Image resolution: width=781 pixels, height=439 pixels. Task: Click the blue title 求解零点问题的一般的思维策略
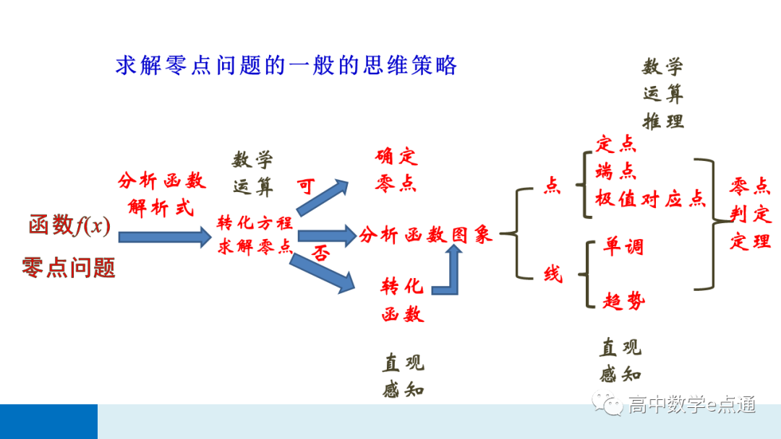pos(286,66)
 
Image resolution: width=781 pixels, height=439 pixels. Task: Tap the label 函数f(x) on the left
pos(69,226)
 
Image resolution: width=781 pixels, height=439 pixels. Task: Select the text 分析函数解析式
pos(161,194)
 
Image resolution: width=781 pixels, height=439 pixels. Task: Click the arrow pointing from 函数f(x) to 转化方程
pos(164,236)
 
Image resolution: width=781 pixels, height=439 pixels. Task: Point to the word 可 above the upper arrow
pos(307,186)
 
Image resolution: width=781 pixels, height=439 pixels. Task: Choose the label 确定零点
pos(396,170)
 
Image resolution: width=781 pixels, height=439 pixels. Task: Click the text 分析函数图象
pos(426,235)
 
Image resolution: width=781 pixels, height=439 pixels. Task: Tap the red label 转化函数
pos(402,300)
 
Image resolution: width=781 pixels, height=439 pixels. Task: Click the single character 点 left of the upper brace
pos(552,186)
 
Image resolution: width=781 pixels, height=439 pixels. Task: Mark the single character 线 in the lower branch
pos(552,274)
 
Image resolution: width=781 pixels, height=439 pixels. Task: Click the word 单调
pos(623,247)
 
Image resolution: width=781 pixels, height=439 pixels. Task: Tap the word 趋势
pos(623,300)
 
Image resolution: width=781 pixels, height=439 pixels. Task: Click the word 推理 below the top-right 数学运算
pos(663,121)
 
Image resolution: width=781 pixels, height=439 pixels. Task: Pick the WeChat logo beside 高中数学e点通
pos(607,404)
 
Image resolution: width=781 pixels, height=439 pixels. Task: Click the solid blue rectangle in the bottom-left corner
pos(48,422)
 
